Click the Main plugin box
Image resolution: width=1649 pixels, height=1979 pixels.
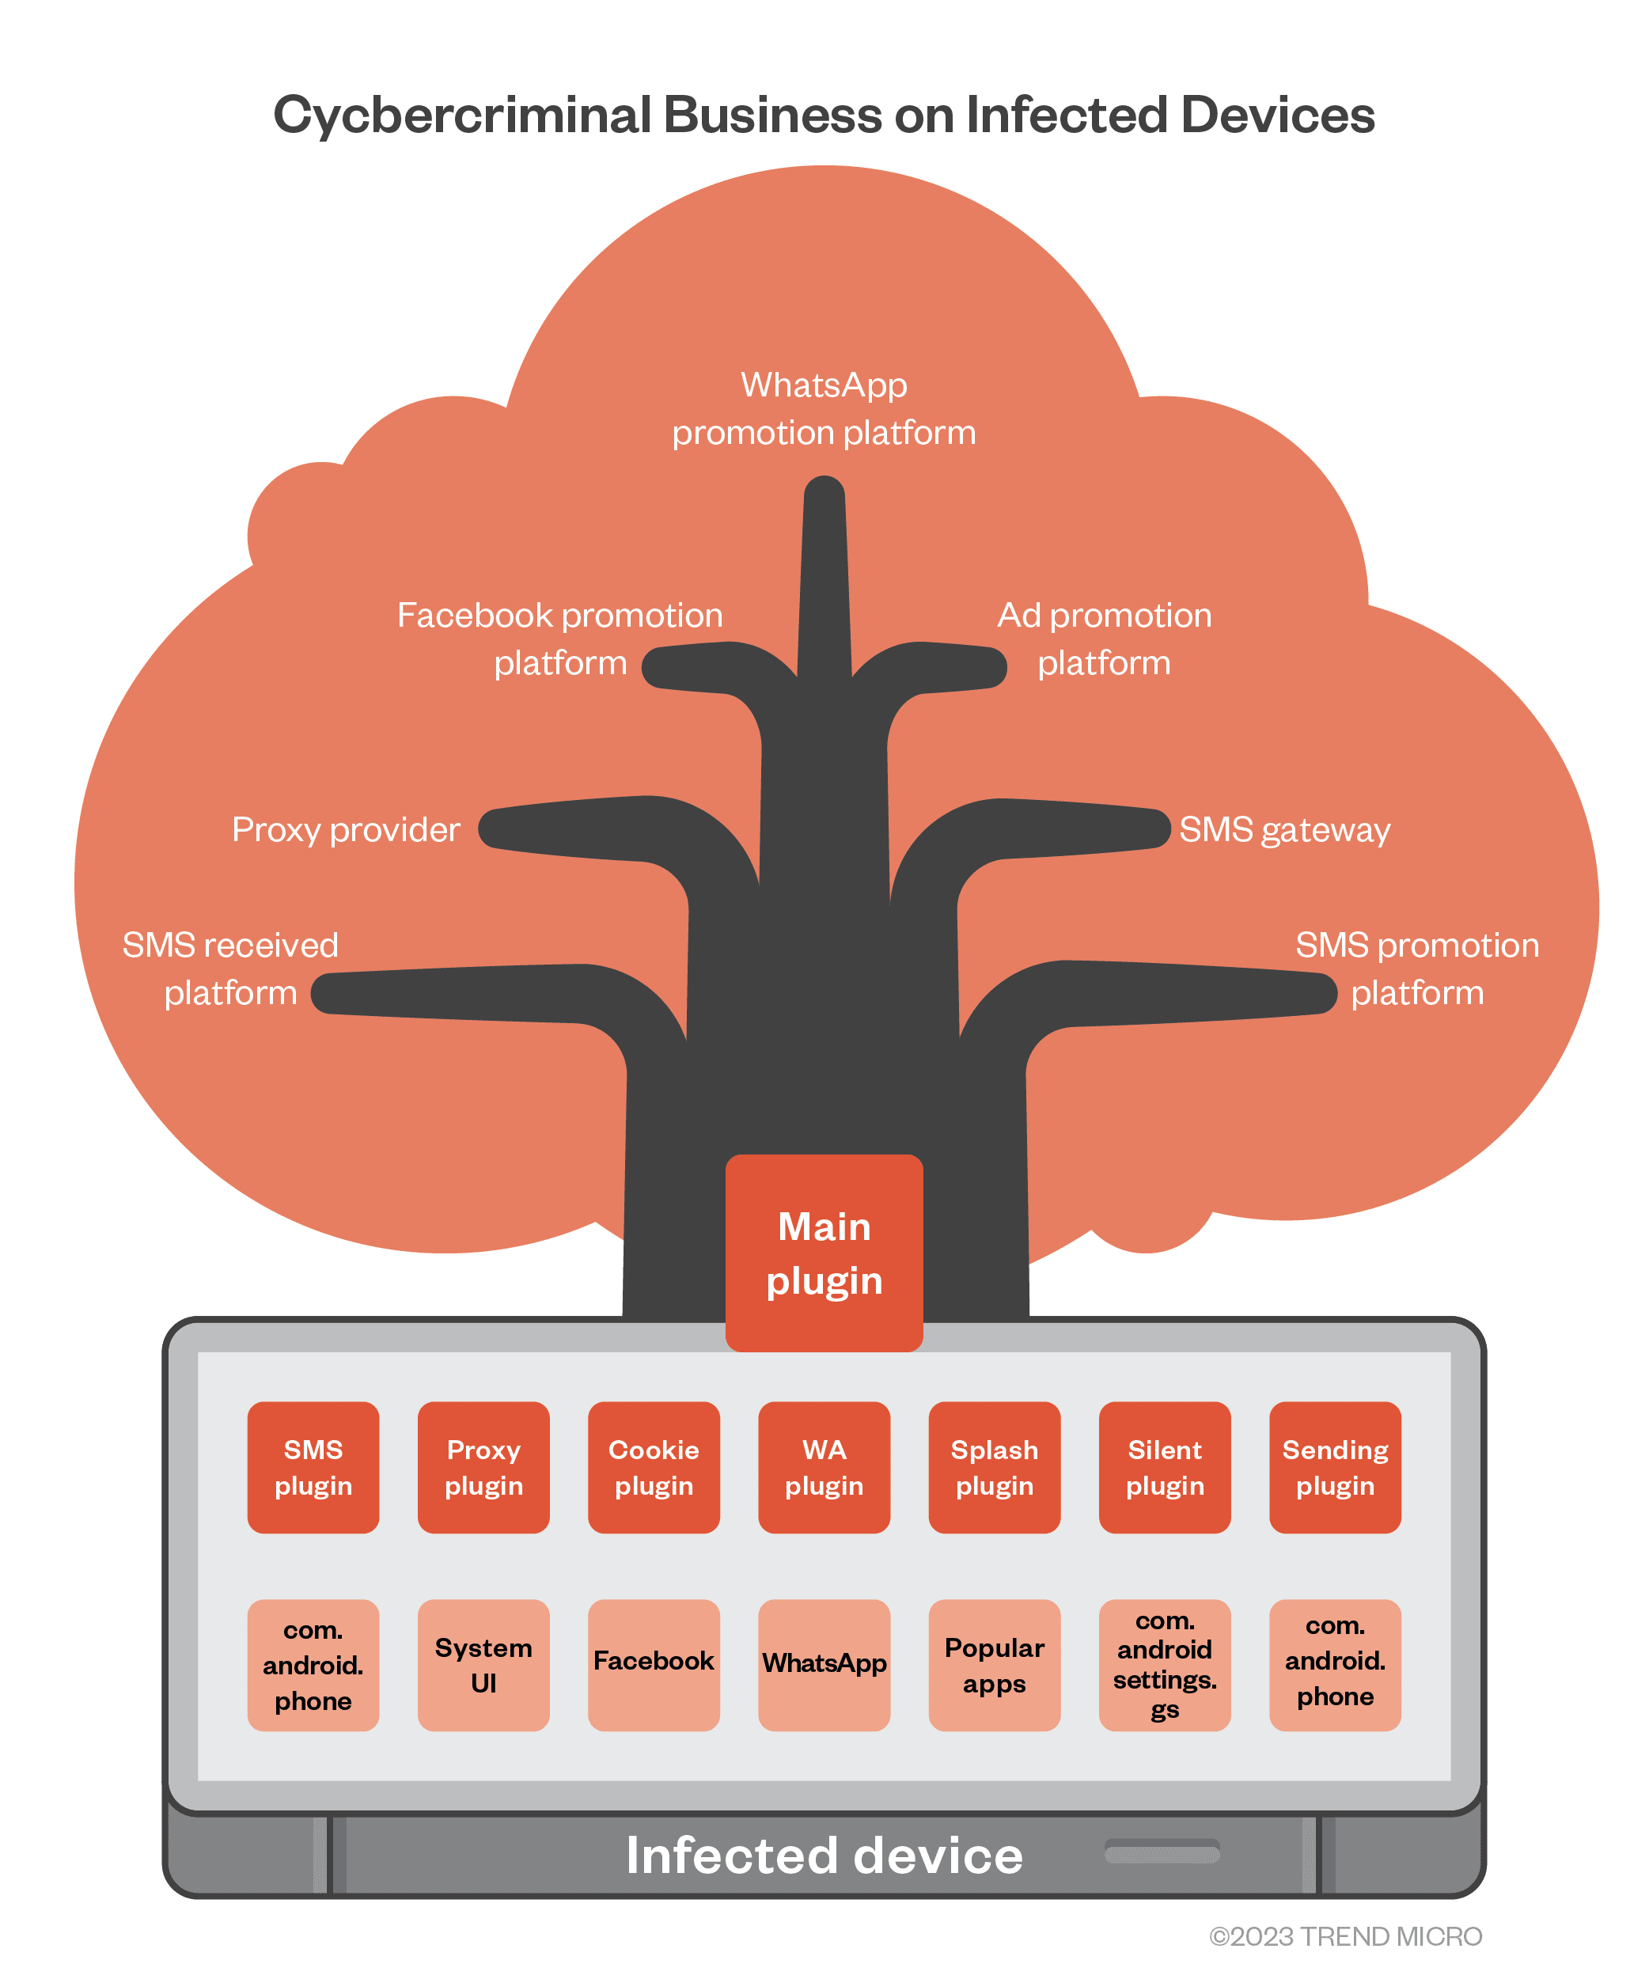coord(824,1253)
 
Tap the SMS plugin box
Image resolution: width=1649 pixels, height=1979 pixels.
coord(313,1467)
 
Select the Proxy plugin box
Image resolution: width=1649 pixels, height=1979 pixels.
coord(483,1467)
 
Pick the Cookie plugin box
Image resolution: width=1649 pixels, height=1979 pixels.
coord(654,1467)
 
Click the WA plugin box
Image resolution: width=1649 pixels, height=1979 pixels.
coord(824,1467)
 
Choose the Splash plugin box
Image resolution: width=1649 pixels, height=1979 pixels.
coord(994,1467)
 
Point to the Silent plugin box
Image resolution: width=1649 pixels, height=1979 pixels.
coord(1165,1467)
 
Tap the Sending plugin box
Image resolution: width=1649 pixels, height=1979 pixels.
coord(1335,1467)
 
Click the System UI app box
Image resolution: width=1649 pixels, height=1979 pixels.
coord(483,1665)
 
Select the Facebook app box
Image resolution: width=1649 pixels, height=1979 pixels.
coord(654,1665)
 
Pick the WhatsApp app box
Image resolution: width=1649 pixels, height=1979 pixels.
coord(824,1665)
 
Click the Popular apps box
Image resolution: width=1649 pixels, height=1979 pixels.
coord(994,1665)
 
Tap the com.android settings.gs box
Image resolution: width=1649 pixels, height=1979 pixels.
coord(1165,1665)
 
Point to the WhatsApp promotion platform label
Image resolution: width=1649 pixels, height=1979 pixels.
coord(824,409)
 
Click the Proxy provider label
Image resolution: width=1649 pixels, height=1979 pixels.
coord(346,829)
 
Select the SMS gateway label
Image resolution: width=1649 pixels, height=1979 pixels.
coord(1284,829)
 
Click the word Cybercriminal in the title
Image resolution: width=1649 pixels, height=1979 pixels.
coord(462,115)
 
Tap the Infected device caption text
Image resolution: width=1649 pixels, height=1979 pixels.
coord(824,1855)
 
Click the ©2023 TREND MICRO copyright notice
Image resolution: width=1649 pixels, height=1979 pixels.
coord(1346,1935)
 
